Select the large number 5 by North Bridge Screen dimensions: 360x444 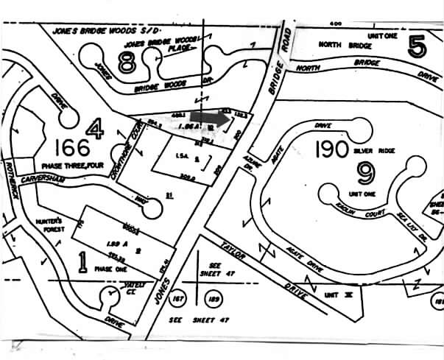[417, 47]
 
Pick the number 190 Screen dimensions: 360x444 [331, 149]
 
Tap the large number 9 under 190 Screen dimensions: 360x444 [364, 173]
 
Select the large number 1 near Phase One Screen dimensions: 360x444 [83, 261]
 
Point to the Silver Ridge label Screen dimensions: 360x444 [371, 149]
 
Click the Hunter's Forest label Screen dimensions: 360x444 [51, 224]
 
